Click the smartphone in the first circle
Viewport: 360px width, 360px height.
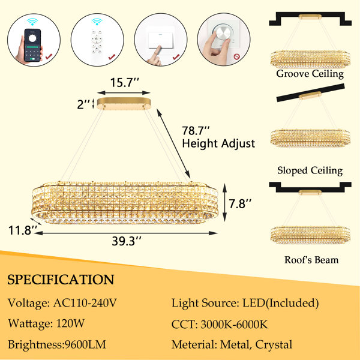click(x=32, y=45)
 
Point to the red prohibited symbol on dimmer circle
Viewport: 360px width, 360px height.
click(x=236, y=56)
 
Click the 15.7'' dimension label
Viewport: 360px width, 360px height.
click(x=125, y=82)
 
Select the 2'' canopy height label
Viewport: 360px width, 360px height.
click(x=83, y=104)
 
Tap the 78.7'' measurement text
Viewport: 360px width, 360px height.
click(x=196, y=131)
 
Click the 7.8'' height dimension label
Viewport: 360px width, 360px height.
click(x=239, y=203)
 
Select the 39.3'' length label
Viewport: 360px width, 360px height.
click(x=126, y=241)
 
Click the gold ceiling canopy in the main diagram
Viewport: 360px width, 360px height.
click(x=124, y=104)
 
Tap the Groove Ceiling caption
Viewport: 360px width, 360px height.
click(x=310, y=74)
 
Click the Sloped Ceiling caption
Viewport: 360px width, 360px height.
click(x=310, y=171)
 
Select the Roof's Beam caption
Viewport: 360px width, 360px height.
click(x=311, y=260)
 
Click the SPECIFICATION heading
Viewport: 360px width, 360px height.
click(x=61, y=280)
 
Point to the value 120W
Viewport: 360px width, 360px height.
click(x=70, y=323)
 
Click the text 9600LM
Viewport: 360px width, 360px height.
click(x=85, y=344)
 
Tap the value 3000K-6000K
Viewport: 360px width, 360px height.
click(x=234, y=325)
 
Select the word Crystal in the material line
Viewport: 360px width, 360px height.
click(x=274, y=345)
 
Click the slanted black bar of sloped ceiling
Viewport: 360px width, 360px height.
click(x=311, y=93)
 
